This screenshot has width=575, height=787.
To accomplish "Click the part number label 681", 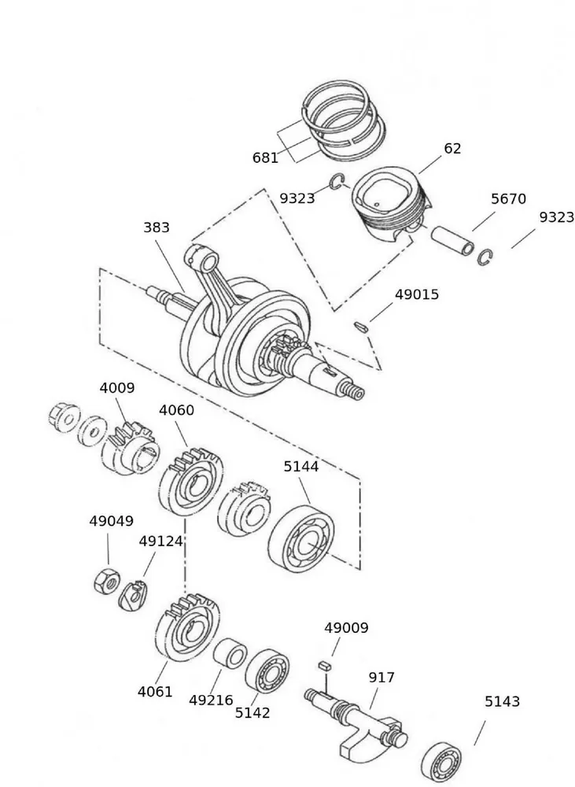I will click(265, 157).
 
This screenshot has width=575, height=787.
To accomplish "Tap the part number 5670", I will click(508, 199).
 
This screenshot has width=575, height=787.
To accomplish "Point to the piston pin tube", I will click(454, 239).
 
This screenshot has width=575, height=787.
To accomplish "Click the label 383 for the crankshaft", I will click(157, 227).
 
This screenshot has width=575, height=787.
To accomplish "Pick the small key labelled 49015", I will click(360, 325).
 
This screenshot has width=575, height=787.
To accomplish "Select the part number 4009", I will click(116, 388).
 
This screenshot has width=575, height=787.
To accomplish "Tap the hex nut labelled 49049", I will click(106, 582).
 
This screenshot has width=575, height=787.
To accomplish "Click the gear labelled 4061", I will click(186, 626).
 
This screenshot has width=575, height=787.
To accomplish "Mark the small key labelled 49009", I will click(323, 666).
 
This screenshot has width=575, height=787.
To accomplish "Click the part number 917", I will click(381, 678).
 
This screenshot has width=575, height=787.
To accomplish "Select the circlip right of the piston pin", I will click(485, 257).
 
